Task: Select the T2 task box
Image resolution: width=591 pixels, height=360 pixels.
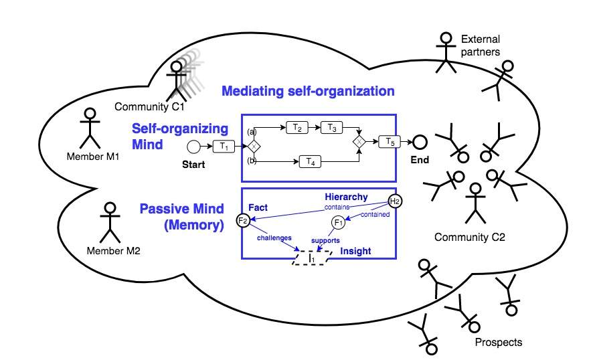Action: (297, 127)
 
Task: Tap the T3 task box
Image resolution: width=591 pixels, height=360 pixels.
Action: (331, 127)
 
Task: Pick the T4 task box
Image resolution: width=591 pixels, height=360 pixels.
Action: (309, 161)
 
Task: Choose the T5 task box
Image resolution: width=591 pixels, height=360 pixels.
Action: (389, 141)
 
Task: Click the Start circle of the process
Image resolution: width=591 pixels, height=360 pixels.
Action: (193, 147)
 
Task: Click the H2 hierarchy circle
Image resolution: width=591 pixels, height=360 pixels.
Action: (395, 201)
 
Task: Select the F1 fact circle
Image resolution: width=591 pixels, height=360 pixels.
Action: (338, 222)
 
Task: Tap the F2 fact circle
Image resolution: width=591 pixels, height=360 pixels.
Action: (243, 220)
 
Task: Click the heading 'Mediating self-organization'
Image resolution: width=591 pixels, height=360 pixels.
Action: (308, 90)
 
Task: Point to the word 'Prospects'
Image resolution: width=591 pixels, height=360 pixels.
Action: (498, 343)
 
